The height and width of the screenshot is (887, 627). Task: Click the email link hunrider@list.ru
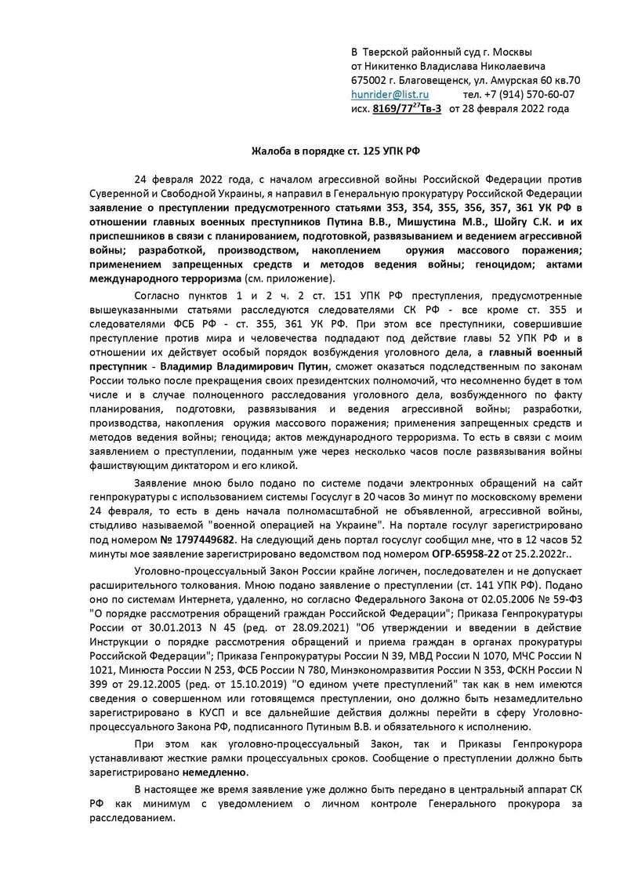click(390, 94)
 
